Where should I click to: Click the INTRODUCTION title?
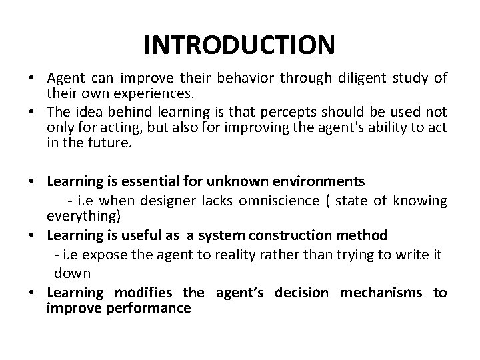(239, 45)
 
